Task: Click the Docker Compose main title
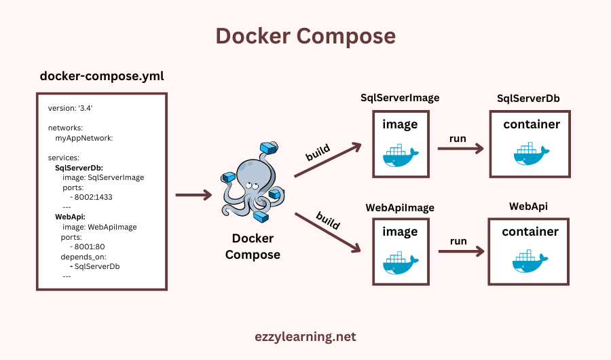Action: pyautogui.click(x=305, y=35)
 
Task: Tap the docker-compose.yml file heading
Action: pyautogui.click(x=102, y=76)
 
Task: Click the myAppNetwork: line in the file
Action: pyautogui.click(x=84, y=138)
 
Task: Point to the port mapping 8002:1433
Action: pyautogui.click(x=92, y=197)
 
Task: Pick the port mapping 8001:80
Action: pyautogui.click(x=90, y=247)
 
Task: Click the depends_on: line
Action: pyautogui.click(x=84, y=257)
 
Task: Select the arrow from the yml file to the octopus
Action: pyautogui.click(x=193, y=196)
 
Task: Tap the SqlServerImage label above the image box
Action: pyautogui.click(x=400, y=98)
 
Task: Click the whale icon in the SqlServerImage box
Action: pyautogui.click(x=400, y=154)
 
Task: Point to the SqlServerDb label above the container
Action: pyautogui.click(x=528, y=98)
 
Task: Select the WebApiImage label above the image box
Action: pyautogui.click(x=400, y=207)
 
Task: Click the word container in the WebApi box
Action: pyautogui.click(x=530, y=232)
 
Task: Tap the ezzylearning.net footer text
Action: pyautogui.click(x=305, y=336)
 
